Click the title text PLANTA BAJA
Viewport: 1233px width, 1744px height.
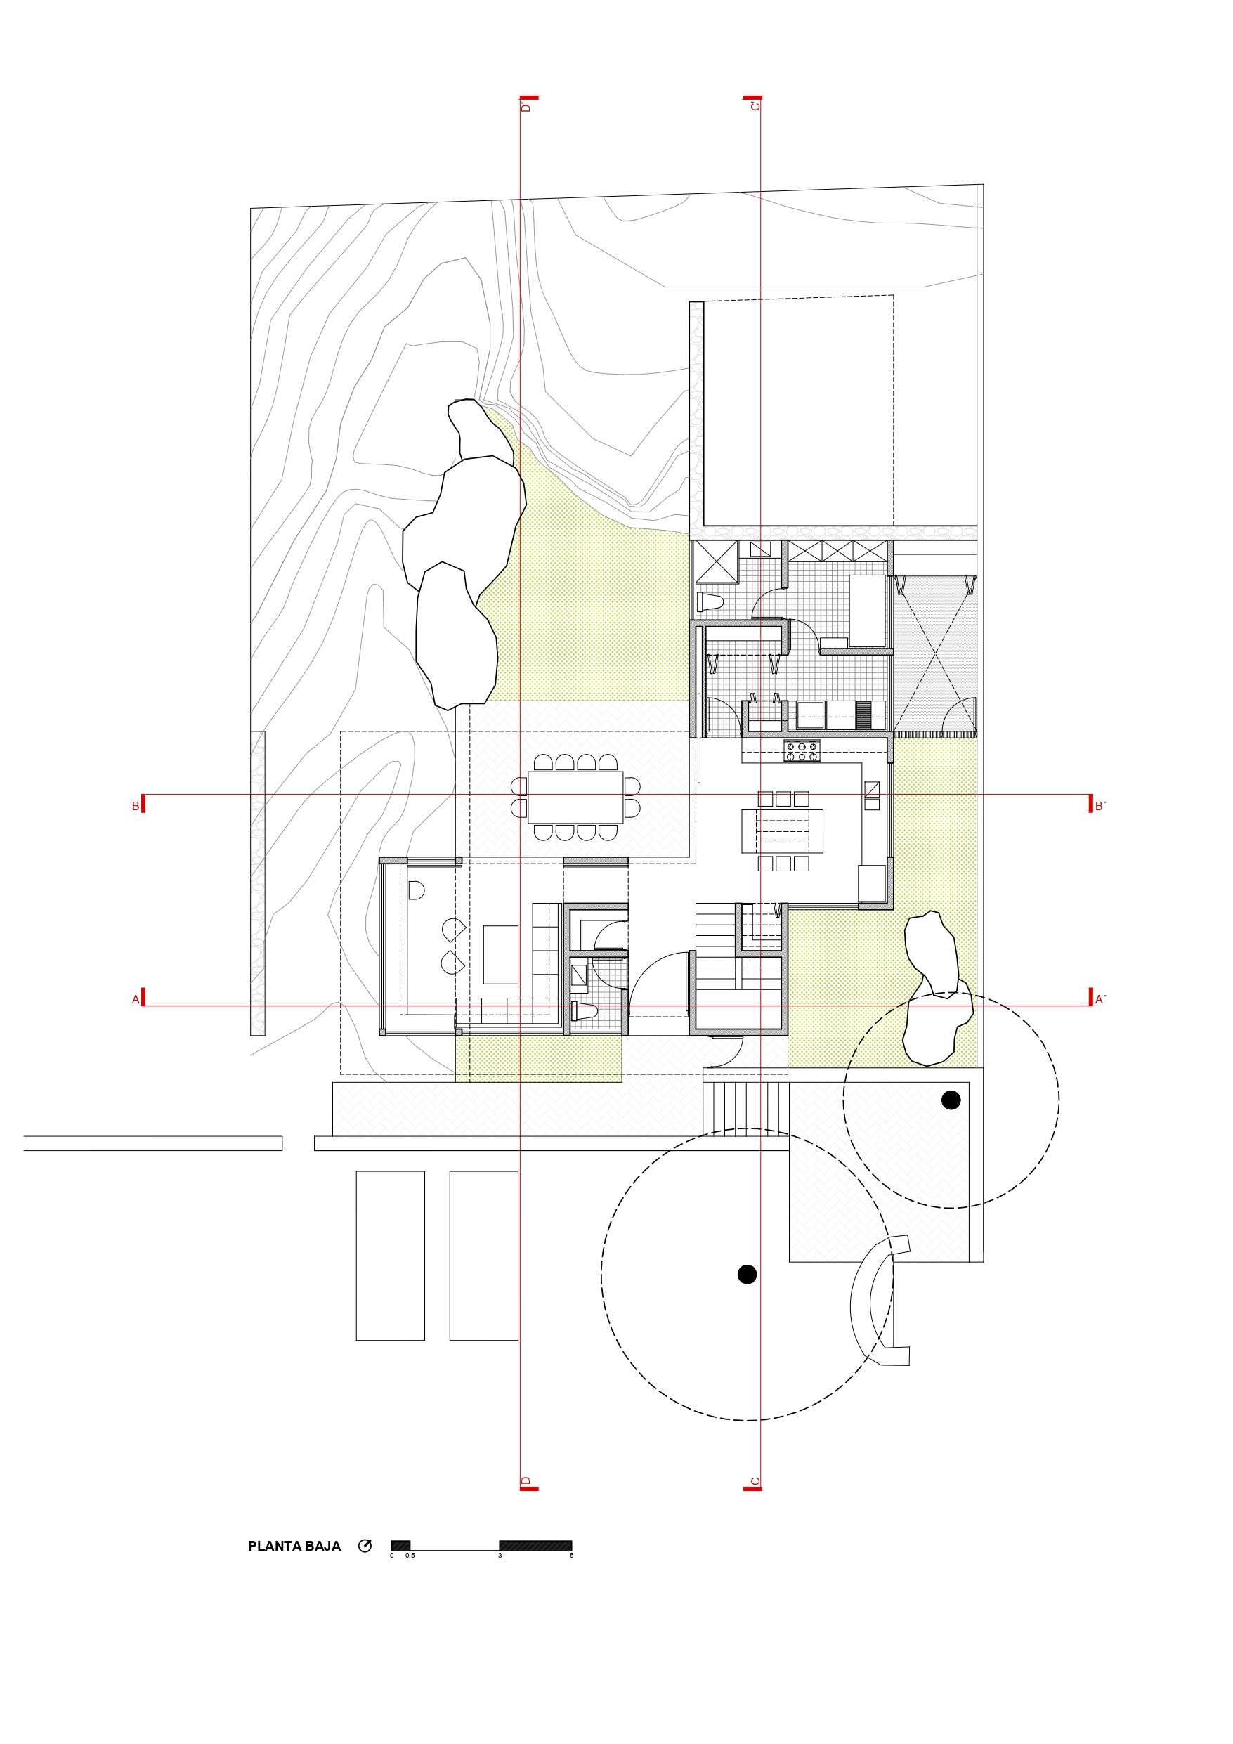294,1546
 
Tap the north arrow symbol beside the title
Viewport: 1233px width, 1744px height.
365,1546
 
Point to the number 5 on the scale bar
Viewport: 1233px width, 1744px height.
571,1556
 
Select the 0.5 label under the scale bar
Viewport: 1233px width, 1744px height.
410,1556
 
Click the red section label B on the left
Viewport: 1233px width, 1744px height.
136,806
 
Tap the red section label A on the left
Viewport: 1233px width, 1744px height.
136,999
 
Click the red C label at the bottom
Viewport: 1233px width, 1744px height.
755,1481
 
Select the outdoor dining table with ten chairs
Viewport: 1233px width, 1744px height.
575,797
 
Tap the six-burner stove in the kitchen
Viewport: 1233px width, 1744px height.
802,751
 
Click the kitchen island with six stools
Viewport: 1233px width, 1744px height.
783,831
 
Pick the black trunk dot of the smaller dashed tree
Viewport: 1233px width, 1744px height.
951,1099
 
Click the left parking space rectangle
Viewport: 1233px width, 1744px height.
391,1256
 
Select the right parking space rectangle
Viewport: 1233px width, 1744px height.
484,1256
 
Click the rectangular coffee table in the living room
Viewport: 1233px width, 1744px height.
501,955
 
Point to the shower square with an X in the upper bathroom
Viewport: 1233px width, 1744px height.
717,561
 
